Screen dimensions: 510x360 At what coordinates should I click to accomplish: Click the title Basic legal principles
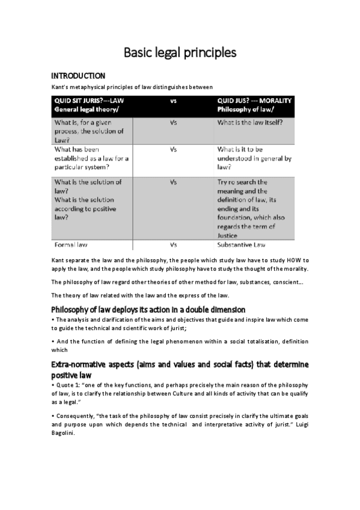180,53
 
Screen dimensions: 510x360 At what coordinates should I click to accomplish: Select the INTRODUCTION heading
78,76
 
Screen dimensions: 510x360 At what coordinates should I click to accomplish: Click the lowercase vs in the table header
173,102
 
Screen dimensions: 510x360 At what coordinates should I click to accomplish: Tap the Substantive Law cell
247,245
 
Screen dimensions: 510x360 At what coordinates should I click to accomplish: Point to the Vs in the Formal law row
173,245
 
